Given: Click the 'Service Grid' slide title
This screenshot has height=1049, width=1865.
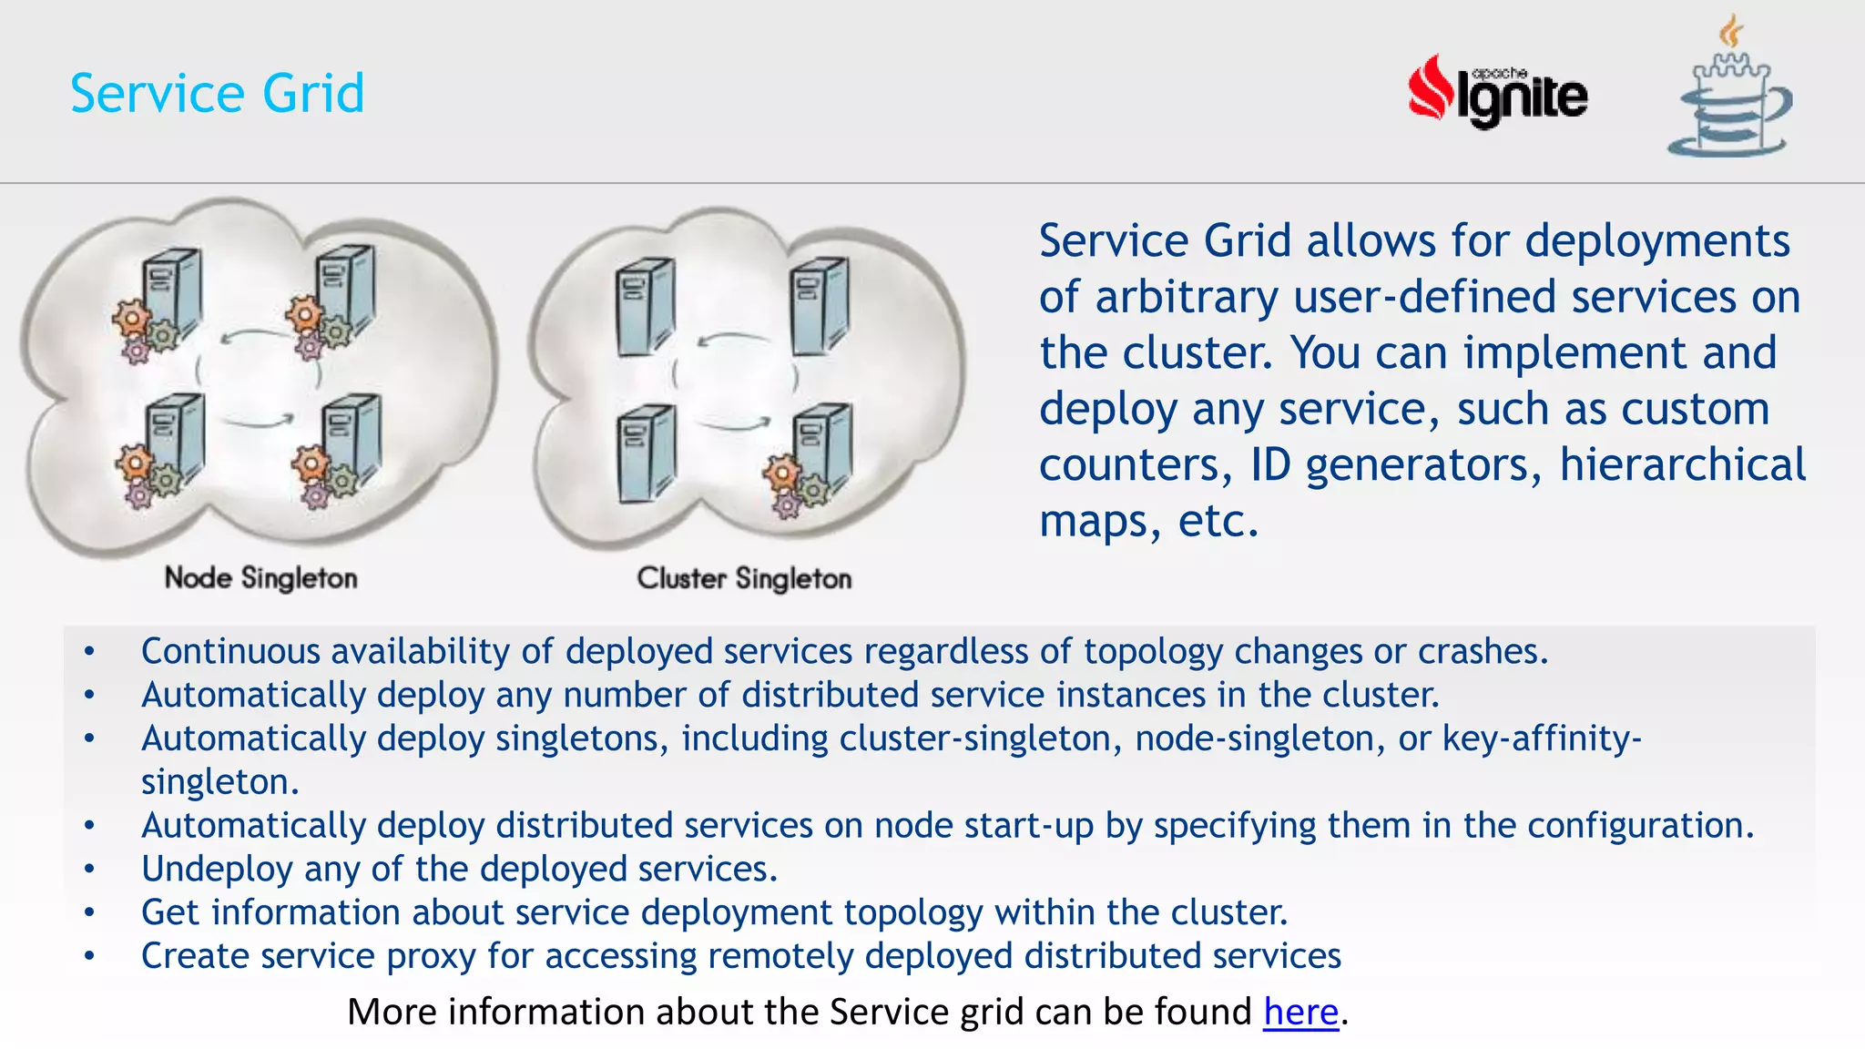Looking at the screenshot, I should click(217, 93).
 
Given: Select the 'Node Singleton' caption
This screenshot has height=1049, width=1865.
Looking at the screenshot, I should click(260, 577).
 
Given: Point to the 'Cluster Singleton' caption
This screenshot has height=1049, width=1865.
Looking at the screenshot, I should click(744, 577).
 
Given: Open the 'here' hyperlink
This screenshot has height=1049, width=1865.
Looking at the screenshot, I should click(1300, 1012).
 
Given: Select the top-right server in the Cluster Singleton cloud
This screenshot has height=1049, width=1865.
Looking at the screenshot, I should click(820, 305).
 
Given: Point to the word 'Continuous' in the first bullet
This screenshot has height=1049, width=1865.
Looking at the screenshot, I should click(230, 651).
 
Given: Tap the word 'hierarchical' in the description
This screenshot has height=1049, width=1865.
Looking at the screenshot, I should click(1682, 464).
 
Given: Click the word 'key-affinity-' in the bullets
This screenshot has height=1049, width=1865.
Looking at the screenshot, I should click(1542, 738).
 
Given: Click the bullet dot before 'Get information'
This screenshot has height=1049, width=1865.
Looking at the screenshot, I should click(89, 912).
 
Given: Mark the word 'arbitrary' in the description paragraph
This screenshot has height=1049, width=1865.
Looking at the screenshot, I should click(1187, 297).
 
